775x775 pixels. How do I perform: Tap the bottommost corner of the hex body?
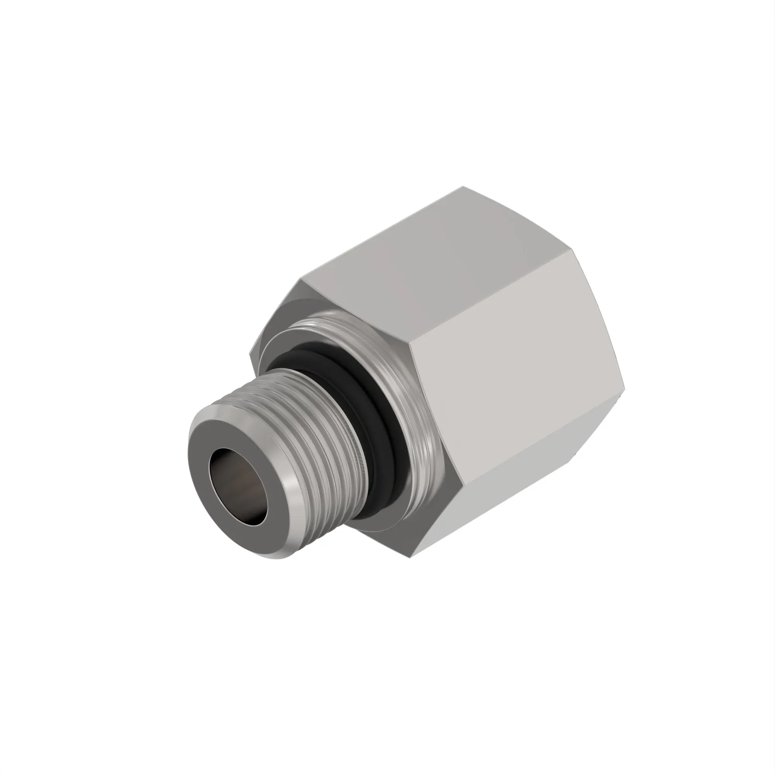coord(413,556)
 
